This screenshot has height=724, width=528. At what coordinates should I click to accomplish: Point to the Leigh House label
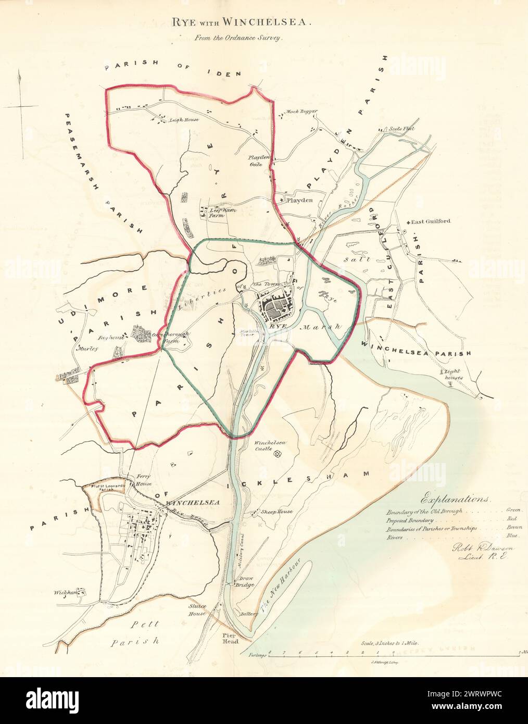181,119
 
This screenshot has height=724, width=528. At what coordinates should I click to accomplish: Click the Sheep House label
275,511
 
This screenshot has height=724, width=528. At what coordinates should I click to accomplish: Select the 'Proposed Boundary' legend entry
410,520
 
